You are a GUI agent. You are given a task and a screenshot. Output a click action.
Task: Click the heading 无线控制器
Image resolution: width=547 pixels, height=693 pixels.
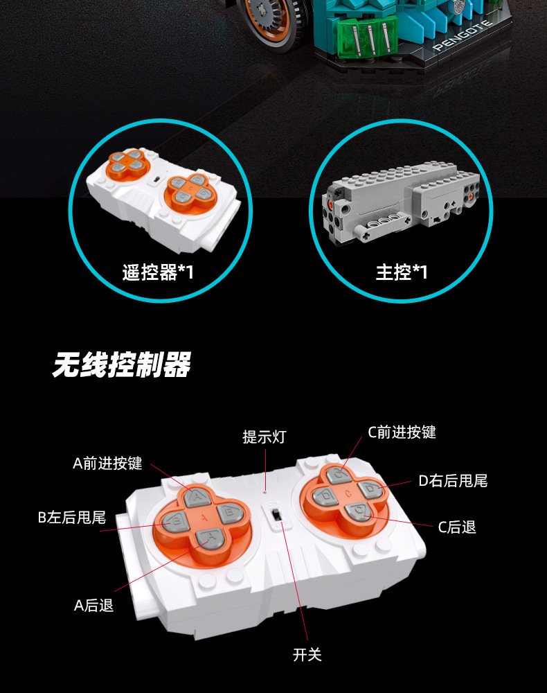click(121, 365)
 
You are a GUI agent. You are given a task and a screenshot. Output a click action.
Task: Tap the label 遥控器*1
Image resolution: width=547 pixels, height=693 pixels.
click(158, 272)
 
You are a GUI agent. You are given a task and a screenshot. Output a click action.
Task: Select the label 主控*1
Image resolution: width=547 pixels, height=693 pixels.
click(402, 272)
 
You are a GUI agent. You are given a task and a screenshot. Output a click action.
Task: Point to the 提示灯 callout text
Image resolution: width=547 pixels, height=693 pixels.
click(264, 437)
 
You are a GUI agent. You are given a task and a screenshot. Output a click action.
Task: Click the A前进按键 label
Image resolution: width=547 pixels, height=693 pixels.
click(108, 463)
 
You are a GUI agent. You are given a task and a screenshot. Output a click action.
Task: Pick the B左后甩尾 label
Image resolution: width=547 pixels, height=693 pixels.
click(72, 517)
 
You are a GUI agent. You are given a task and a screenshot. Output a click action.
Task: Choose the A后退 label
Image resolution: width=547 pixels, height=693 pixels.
click(93, 605)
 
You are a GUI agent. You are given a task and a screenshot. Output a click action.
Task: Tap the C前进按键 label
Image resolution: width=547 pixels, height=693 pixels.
click(402, 432)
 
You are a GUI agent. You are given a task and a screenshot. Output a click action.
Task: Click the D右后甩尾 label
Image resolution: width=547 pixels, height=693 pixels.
click(453, 480)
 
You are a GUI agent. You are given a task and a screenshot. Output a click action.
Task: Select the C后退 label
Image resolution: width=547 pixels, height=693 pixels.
click(457, 527)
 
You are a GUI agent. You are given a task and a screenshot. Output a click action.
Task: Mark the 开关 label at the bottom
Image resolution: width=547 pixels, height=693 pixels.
click(307, 655)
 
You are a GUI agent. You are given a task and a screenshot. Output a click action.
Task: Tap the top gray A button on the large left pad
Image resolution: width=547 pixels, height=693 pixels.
click(196, 498)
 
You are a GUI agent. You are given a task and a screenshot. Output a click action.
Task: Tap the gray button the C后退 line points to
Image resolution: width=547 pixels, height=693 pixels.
click(359, 512)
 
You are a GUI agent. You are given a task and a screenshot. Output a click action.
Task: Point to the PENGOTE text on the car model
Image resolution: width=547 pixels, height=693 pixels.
click(463, 35)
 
